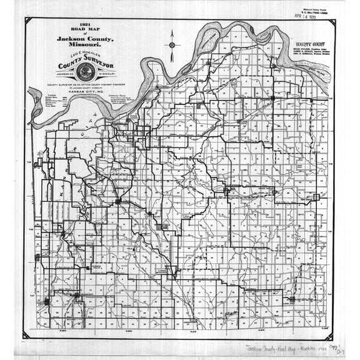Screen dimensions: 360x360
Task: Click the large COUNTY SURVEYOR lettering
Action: coord(86,63)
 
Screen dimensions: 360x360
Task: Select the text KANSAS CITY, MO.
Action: coord(86,92)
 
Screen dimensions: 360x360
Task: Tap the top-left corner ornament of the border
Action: coord(27,21)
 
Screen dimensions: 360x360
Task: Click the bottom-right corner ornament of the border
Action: coord(331,334)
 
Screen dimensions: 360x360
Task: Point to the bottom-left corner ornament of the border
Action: coord(26,335)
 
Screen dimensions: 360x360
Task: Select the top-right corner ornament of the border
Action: coord(332,22)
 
